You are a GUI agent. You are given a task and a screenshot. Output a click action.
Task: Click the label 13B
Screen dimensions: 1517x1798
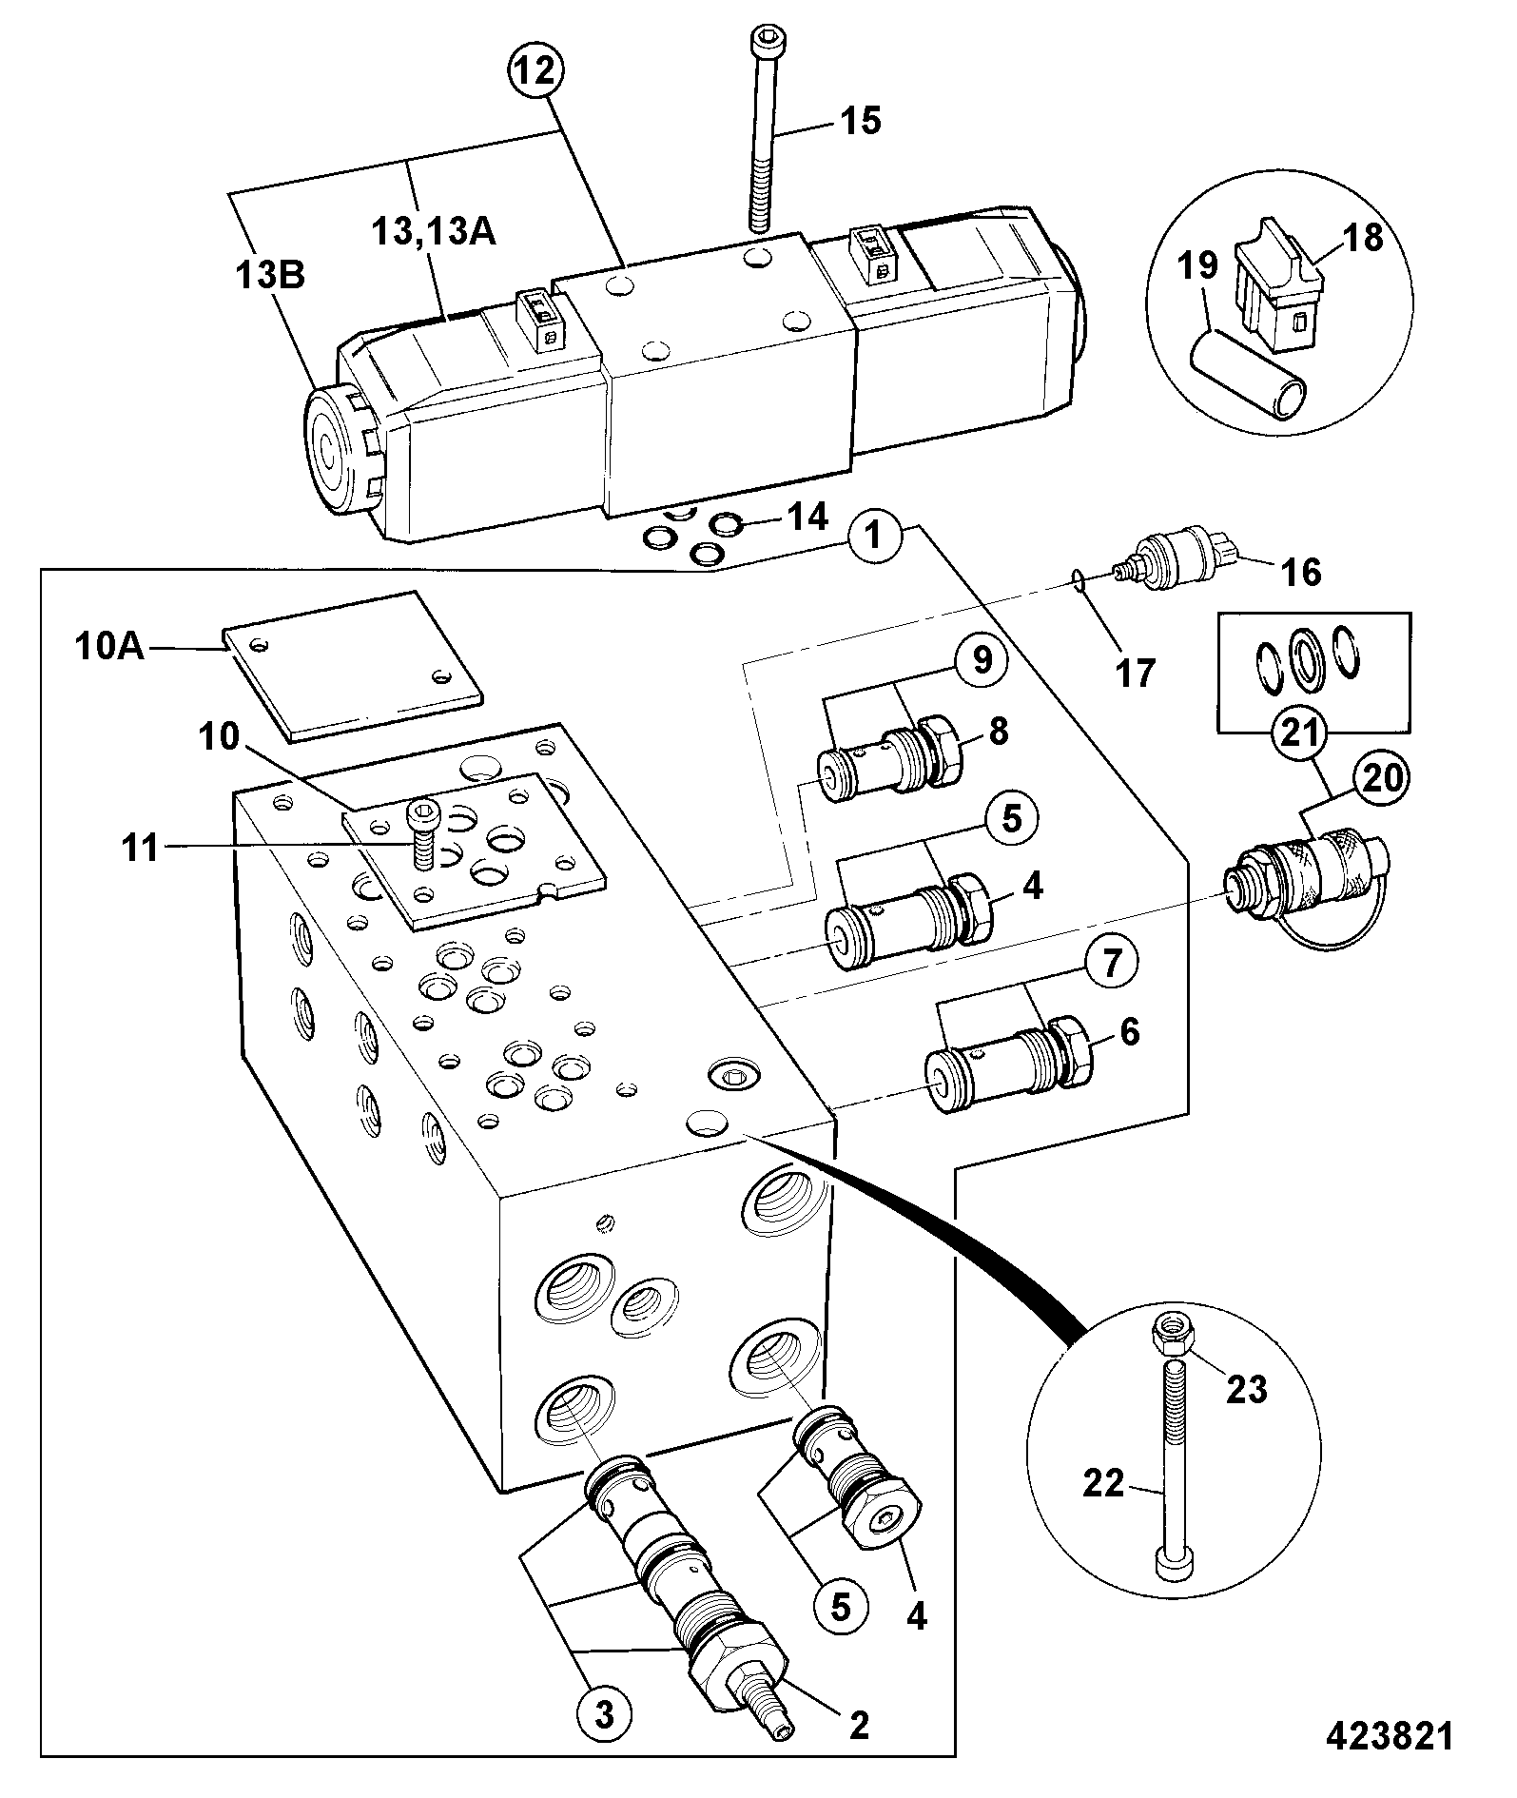pos(271,277)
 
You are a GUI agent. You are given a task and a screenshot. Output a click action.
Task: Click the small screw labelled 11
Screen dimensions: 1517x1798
pos(422,833)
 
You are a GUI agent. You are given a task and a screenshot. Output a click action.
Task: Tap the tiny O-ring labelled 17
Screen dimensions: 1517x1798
pos(1077,577)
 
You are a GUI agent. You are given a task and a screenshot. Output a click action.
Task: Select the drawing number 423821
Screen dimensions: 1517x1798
pos(1391,1735)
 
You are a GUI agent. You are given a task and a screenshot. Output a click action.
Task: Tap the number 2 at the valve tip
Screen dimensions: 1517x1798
pos(859,1725)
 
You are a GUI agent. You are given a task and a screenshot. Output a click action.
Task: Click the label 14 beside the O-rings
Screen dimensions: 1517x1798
pos(807,518)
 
